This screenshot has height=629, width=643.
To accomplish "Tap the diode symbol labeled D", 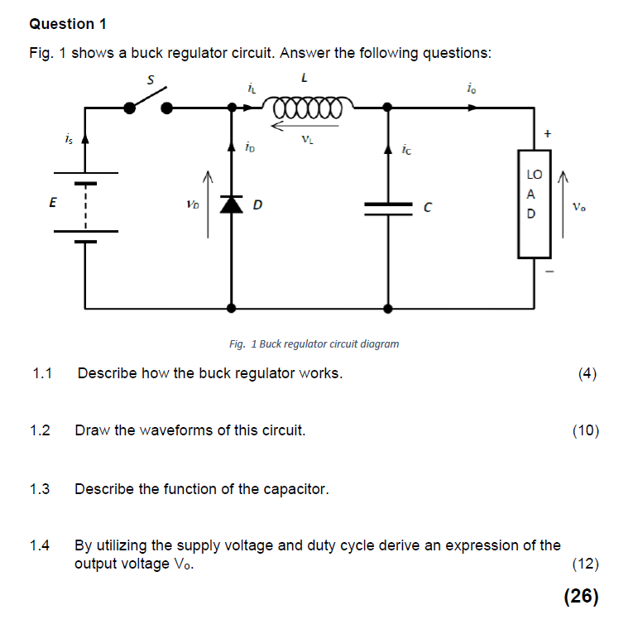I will pos(231,204).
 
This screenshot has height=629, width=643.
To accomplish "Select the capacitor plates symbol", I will pos(388,209).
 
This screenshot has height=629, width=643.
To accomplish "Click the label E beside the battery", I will pos(52,204).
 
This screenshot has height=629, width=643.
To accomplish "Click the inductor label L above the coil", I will pos(305,79).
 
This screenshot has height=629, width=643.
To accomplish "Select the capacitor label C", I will pos(428,208).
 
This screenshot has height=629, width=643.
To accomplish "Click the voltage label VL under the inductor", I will pos(307,139).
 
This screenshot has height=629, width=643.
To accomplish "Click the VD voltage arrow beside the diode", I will pos(209,204).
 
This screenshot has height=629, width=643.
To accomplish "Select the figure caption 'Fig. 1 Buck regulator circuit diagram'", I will pos(314,343).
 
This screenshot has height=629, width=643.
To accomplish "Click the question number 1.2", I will pos(40,430).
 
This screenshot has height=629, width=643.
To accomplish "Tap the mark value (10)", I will pos(585,430).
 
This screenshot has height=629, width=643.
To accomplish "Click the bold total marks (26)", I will pos(580,597).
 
